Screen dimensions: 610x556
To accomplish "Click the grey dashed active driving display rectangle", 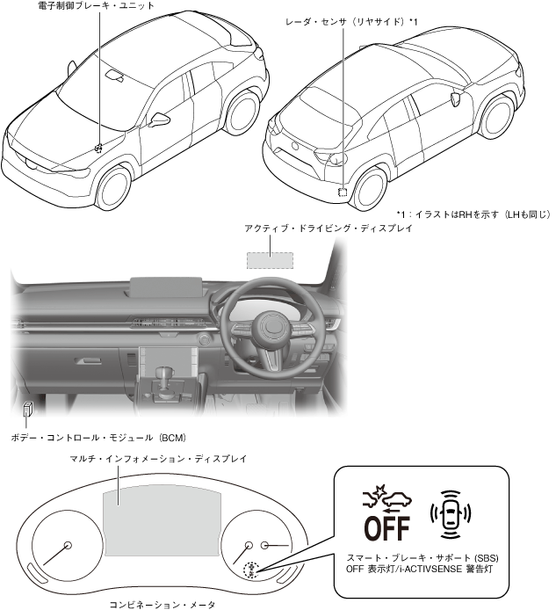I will click(x=269, y=260).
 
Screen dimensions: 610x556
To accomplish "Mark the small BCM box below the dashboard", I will click(x=29, y=409).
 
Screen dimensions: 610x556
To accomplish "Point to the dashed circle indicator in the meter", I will click(x=250, y=570).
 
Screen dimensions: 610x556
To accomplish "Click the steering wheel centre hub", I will click(x=270, y=330).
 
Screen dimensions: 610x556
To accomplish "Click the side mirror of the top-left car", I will click(x=159, y=119).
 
